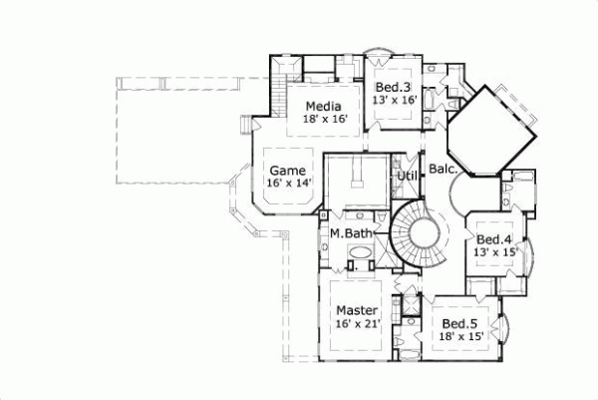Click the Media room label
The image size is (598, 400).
[x=324, y=107]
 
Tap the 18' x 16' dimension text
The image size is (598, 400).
[x=324, y=120]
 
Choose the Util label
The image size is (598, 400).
[x=407, y=177]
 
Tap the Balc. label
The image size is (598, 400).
[x=443, y=171]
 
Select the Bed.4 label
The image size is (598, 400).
[x=493, y=239]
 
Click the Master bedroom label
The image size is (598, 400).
[x=356, y=310]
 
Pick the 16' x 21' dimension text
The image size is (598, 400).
[x=356, y=323]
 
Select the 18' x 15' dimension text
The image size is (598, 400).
[x=461, y=337]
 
